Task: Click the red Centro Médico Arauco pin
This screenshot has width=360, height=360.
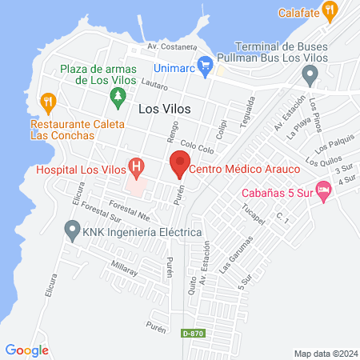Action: pos(178,167)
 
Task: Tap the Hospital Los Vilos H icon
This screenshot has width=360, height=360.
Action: pos(137,168)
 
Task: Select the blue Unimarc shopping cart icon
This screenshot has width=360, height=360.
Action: pos(205,62)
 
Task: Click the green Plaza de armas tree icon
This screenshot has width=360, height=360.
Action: pos(118,98)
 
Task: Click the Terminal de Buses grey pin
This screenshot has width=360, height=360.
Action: pos(310,75)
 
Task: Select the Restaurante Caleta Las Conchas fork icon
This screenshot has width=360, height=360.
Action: pos(48,102)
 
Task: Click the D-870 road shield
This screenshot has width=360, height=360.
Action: pos(192,331)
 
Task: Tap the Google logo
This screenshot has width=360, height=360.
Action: pos(27,350)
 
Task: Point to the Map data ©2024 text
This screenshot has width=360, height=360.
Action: pos(324,353)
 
